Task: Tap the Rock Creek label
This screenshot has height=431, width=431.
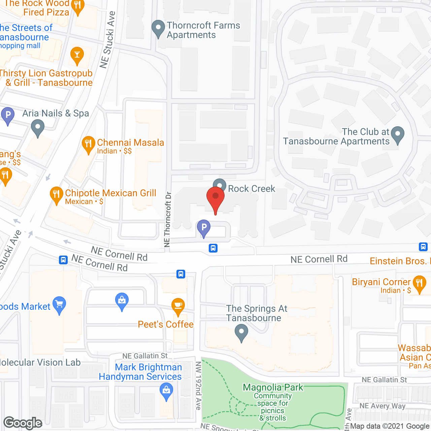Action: pos(252,189)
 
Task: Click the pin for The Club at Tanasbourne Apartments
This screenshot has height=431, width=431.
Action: pos(398,135)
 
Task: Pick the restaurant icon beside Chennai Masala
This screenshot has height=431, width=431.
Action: pos(88,144)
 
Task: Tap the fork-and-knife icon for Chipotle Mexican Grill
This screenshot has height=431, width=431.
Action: pos(56,195)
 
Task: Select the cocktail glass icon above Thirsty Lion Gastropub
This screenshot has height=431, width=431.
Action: pos(77,55)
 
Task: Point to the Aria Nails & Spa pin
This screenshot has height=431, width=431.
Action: pos(38,129)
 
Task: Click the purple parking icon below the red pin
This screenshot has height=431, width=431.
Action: pos(204,228)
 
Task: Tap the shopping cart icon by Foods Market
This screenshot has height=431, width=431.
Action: pos(59,305)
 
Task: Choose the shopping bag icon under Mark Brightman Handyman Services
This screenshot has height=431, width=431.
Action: pos(166,392)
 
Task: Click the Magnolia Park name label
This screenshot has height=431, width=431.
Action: pos(273,388)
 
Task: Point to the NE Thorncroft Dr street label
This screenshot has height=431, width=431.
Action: pos(167,219)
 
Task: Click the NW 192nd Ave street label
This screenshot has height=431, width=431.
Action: pos(198,386)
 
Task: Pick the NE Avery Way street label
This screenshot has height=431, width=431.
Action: pos(382,406)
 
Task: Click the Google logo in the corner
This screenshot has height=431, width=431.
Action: pos(23,423)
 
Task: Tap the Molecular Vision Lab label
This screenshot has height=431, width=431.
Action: pos(40,363)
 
